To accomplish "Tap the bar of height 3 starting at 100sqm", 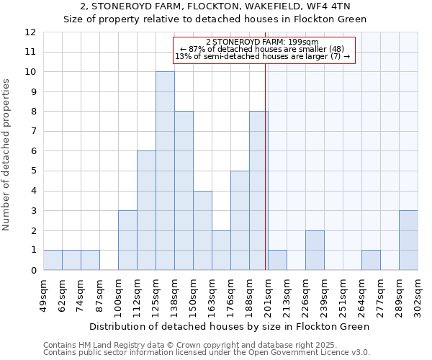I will coord(127,240).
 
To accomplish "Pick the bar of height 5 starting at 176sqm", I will coord(240,220).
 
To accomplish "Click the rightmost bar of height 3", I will coord(408,240).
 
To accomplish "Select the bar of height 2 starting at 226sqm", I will coord(315,250).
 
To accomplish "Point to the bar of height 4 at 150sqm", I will coord(202,230).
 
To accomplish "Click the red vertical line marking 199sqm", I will coord(266,180).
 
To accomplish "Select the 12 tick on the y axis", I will coord(30,32).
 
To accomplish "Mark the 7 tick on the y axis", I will coord(33,131).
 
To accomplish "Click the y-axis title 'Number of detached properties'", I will coord(6,156).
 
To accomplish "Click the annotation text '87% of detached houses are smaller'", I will coord(262,49).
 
